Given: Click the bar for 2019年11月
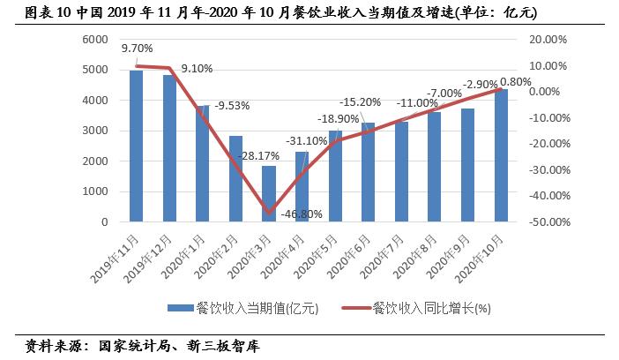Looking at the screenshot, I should (x=137, y=146).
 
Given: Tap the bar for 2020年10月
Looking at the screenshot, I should (x=501, y=155).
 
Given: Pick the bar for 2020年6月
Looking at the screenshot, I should (x=369, y=172).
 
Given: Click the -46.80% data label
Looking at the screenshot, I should (x=302, y=214).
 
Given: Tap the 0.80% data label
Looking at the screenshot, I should (x=517, y=82).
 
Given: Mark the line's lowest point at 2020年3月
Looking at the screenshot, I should (x=269, y=213).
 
